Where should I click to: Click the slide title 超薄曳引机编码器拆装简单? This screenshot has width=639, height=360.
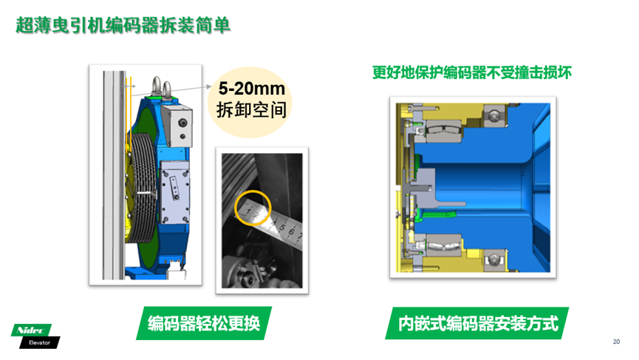pyautogui.click(x=123, y=25)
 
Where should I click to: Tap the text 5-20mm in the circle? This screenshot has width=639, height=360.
pyautogui.click(x=251, y=89)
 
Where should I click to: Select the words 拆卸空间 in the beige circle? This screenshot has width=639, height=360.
pyautogui.click(x=251, y=109)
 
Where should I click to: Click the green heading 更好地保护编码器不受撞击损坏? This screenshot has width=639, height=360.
pyautogui.click(x=472, y=72)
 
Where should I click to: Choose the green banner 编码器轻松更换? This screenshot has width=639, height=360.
pyautogui.click(x=204, y=323)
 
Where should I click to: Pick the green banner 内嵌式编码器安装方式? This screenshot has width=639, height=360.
pyautogui.click(x=477, y=323)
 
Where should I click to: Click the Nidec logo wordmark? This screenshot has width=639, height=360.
pyautogui.click(x=31, y=330)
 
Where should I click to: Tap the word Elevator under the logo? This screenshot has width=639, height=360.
pyautogui.click(x=40, y=342)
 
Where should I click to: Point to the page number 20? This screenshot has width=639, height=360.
pyautogui.click(x=616, y=342)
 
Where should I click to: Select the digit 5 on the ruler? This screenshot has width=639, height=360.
pyautogui.click(x=282, y=228)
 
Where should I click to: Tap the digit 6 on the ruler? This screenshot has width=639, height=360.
pyautogui.click(x=291, y=232)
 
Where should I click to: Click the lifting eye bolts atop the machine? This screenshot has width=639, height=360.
pyautogui.click(x=161, y=87)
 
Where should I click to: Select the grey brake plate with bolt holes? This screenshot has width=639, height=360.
pyautogui.click(x=174, y=191)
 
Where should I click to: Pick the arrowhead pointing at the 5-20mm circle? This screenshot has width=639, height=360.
pyautogui.click(x=209, y=86)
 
